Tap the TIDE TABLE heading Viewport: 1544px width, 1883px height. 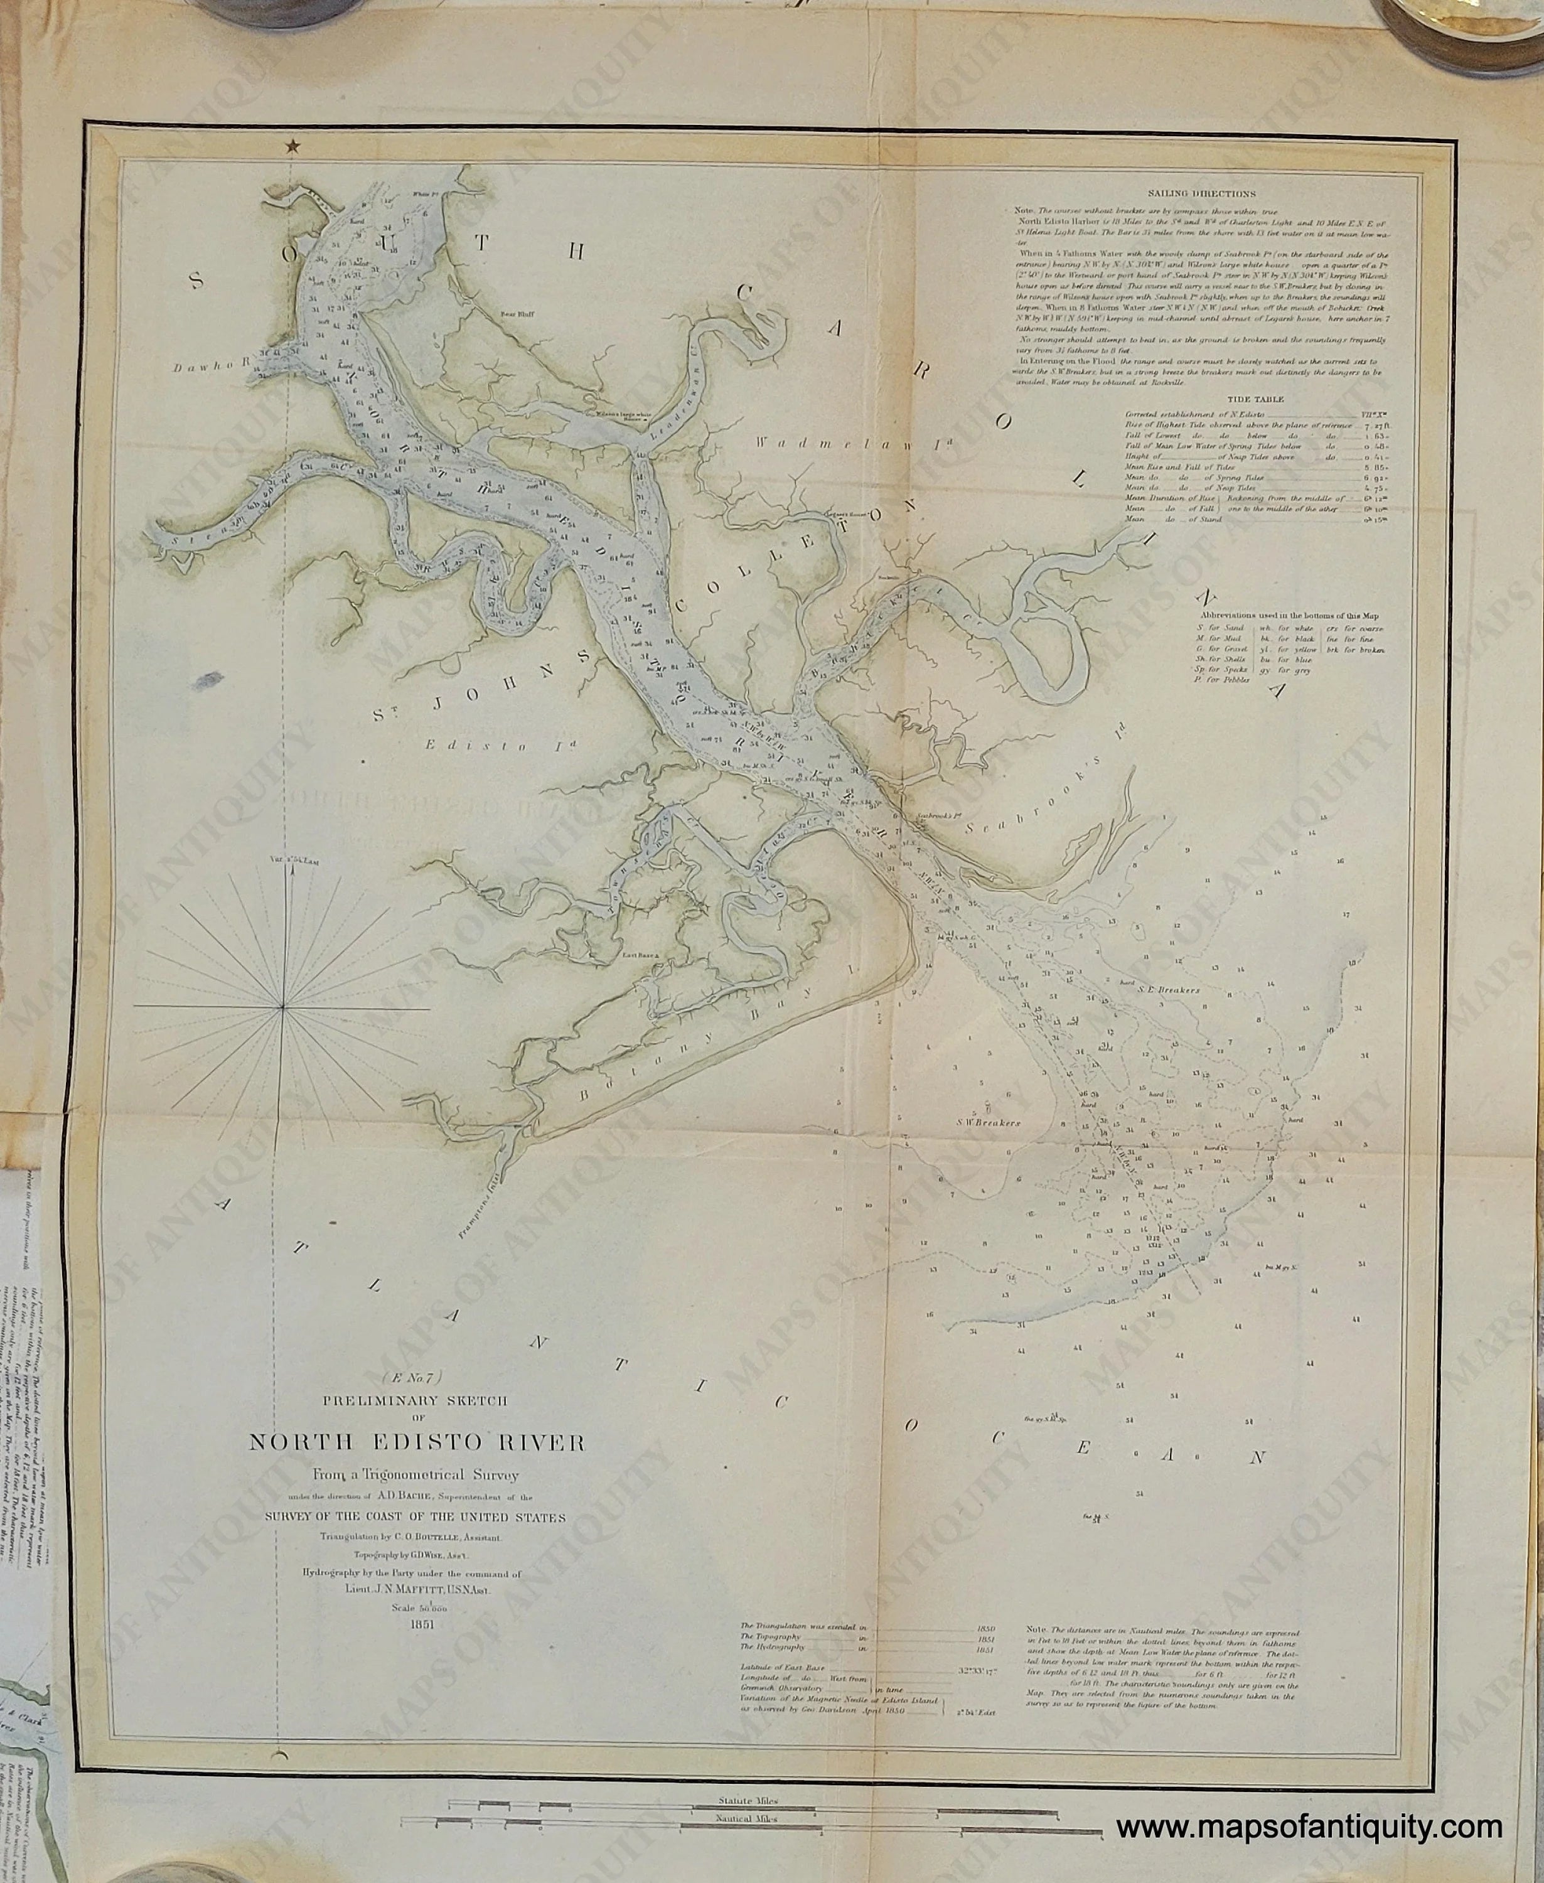1252,400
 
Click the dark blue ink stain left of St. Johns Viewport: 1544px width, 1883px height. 206,681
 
